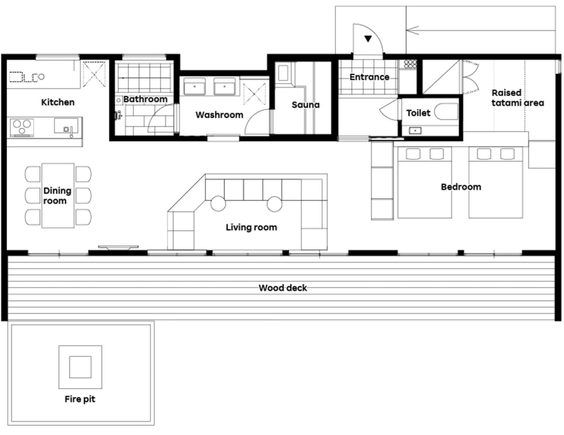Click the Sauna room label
click(306, 105)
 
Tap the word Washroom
click(219, 115)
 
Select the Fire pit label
click(80, 399)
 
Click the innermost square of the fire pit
click(80, 367)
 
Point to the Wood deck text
click(283, 288)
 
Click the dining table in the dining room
click(58, 195)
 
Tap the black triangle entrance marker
click(368, 39)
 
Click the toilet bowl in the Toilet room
click(446, 112)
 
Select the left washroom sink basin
click(194, 87)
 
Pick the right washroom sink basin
click(224, 87)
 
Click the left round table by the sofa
click(218, 203)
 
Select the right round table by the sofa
click(274, 203)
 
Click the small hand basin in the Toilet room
click(415, 131)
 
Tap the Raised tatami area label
click(517, 98)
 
